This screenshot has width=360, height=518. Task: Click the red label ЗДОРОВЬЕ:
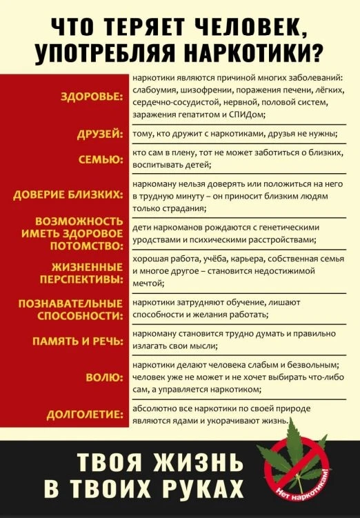tap(91, 97)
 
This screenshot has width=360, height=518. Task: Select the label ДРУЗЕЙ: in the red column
tap(100, 134)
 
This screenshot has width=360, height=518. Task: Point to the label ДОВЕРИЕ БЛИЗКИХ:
tap(68, 196)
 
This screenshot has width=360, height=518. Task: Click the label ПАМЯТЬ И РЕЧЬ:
tap(78, 341)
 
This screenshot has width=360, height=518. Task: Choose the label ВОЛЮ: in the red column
tap(105, 377)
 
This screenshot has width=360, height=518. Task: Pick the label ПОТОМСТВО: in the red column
tap(83, 246)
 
